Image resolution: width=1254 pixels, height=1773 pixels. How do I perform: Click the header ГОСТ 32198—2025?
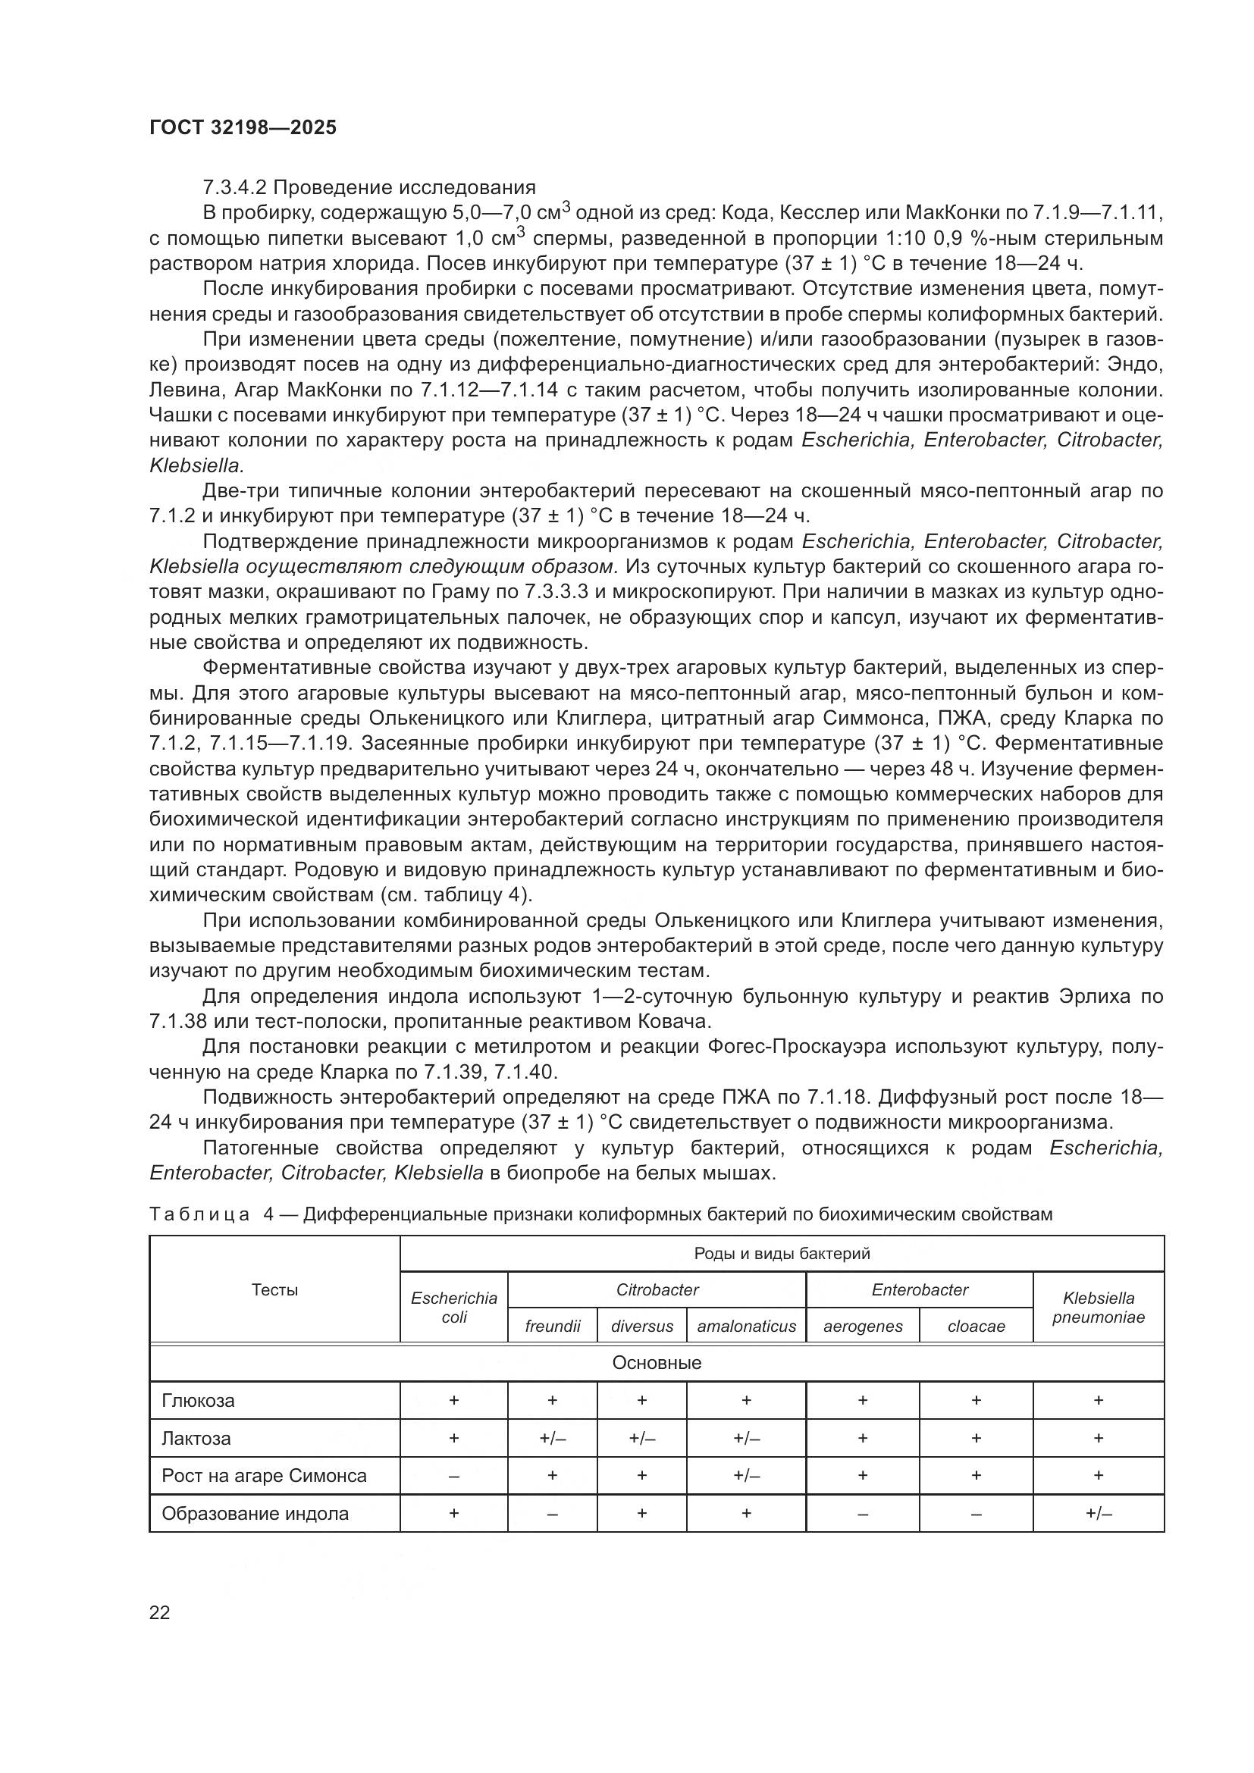(243, 128)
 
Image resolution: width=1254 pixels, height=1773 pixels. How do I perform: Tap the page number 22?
(160, 1612)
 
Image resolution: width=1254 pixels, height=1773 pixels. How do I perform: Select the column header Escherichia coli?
(454, 1308)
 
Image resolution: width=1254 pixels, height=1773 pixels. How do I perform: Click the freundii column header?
(552, 1327)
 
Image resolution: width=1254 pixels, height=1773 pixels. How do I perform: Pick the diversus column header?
(641, 1327)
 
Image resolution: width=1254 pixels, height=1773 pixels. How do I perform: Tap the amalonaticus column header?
(746, 1327)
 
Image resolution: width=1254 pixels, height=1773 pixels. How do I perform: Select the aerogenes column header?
(863, 1327)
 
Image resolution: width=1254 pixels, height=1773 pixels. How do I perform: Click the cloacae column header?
(976, 1327)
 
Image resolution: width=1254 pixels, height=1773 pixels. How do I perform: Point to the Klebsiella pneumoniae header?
(1098, 1308)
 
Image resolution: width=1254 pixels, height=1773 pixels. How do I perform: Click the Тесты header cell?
(274, 1289)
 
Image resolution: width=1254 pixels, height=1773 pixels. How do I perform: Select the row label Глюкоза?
(199, 1401)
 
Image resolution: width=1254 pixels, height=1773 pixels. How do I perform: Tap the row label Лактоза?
(196, 1439)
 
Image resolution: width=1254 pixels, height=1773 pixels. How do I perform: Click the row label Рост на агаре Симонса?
(264, 1476)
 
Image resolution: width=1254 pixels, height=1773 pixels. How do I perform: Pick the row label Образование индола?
(255, 1514)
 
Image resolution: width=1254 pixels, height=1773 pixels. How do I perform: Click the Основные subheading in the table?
(657, 1363)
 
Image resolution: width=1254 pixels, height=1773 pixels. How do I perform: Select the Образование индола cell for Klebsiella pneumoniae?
(1098, 1514)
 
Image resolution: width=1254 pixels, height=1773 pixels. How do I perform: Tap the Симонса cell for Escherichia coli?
(454, 1477)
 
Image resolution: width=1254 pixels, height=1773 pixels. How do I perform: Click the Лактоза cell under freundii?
(552, 1439)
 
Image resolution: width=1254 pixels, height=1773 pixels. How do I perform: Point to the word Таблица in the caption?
(199, 1214)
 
